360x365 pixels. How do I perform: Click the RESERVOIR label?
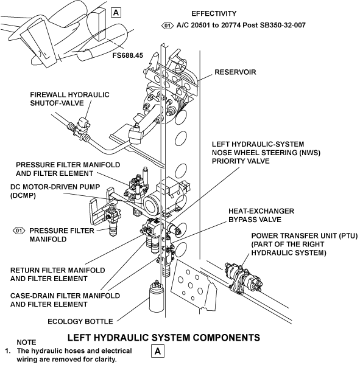click(235, 72)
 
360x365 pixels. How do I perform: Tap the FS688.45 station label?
click(128, 55)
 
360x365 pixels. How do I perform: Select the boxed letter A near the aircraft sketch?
click(116, 12)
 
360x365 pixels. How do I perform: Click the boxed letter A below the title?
click(158, 351)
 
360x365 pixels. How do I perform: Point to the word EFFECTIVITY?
click(214, 13)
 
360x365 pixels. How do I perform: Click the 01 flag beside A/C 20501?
click(168, 26)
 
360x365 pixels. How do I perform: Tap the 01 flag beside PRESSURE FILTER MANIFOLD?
click(19, 231)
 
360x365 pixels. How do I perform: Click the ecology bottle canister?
click(156, 297)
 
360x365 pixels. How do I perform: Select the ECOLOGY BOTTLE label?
click(80, 321)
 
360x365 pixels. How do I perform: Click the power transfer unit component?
click(242, 278)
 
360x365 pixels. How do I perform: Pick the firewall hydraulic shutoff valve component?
click(82, 128)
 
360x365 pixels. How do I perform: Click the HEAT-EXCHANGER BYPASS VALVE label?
click(261, 215)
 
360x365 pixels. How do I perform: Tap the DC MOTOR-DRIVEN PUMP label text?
click(55, 191)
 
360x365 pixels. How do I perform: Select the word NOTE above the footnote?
click(26, 342)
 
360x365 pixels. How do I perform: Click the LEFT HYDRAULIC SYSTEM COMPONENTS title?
click(164, 338)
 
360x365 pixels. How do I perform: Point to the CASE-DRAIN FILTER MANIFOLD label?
click(65, 300)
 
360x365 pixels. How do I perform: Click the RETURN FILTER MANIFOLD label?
click(58, 274)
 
